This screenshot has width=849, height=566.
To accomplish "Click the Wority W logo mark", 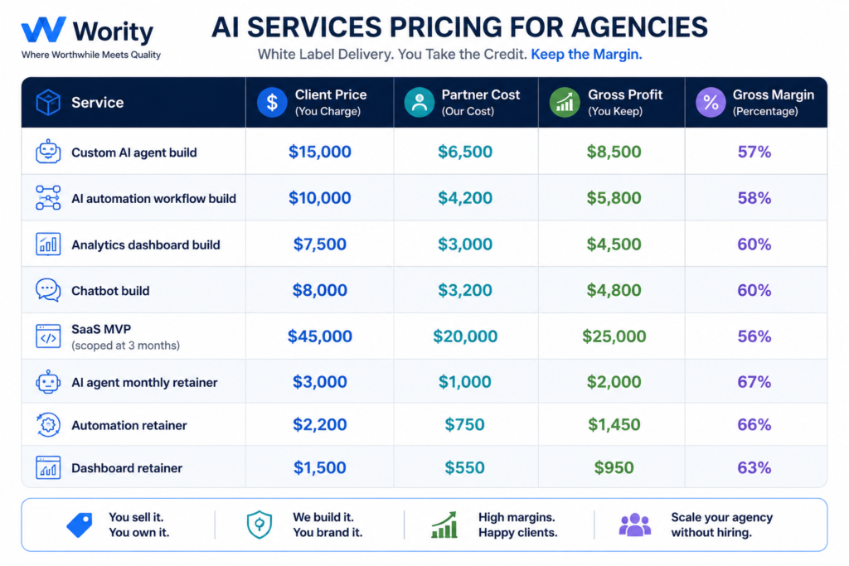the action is coord(43,29).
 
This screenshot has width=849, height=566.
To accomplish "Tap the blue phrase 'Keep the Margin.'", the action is coord(586,55).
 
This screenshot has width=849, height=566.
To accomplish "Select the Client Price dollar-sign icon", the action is coord(272,102).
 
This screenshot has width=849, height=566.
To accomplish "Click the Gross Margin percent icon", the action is coord(711,102).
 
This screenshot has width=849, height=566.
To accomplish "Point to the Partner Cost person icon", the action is coord(419,102).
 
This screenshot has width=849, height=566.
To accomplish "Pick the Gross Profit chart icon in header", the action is coord(565,102).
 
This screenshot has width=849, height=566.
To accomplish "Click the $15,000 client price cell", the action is coord(319,152).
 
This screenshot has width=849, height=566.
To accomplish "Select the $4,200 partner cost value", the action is coord(465,198).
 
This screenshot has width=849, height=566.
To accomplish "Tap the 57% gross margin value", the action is coord(754,152).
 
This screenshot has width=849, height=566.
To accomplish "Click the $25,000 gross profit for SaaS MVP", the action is coord(614,336).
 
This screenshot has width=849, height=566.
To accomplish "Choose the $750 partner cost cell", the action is coord(464,425).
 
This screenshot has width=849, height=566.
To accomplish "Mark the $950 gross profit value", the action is coord(614,467).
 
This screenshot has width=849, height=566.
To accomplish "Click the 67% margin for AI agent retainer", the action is coord(754,382).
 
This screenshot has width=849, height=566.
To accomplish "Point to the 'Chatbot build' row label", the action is coord(110,291).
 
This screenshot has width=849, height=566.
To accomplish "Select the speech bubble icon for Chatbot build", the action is coord(48,290).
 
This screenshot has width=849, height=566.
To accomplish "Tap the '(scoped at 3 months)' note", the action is coord(126,346).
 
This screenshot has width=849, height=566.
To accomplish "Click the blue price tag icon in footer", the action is coord(80,525).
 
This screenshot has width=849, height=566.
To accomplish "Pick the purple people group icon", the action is coord(634,525).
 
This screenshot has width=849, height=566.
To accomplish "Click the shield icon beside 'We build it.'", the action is coord(260,525).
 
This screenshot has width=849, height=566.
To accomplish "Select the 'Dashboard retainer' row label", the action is coord(127,468).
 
